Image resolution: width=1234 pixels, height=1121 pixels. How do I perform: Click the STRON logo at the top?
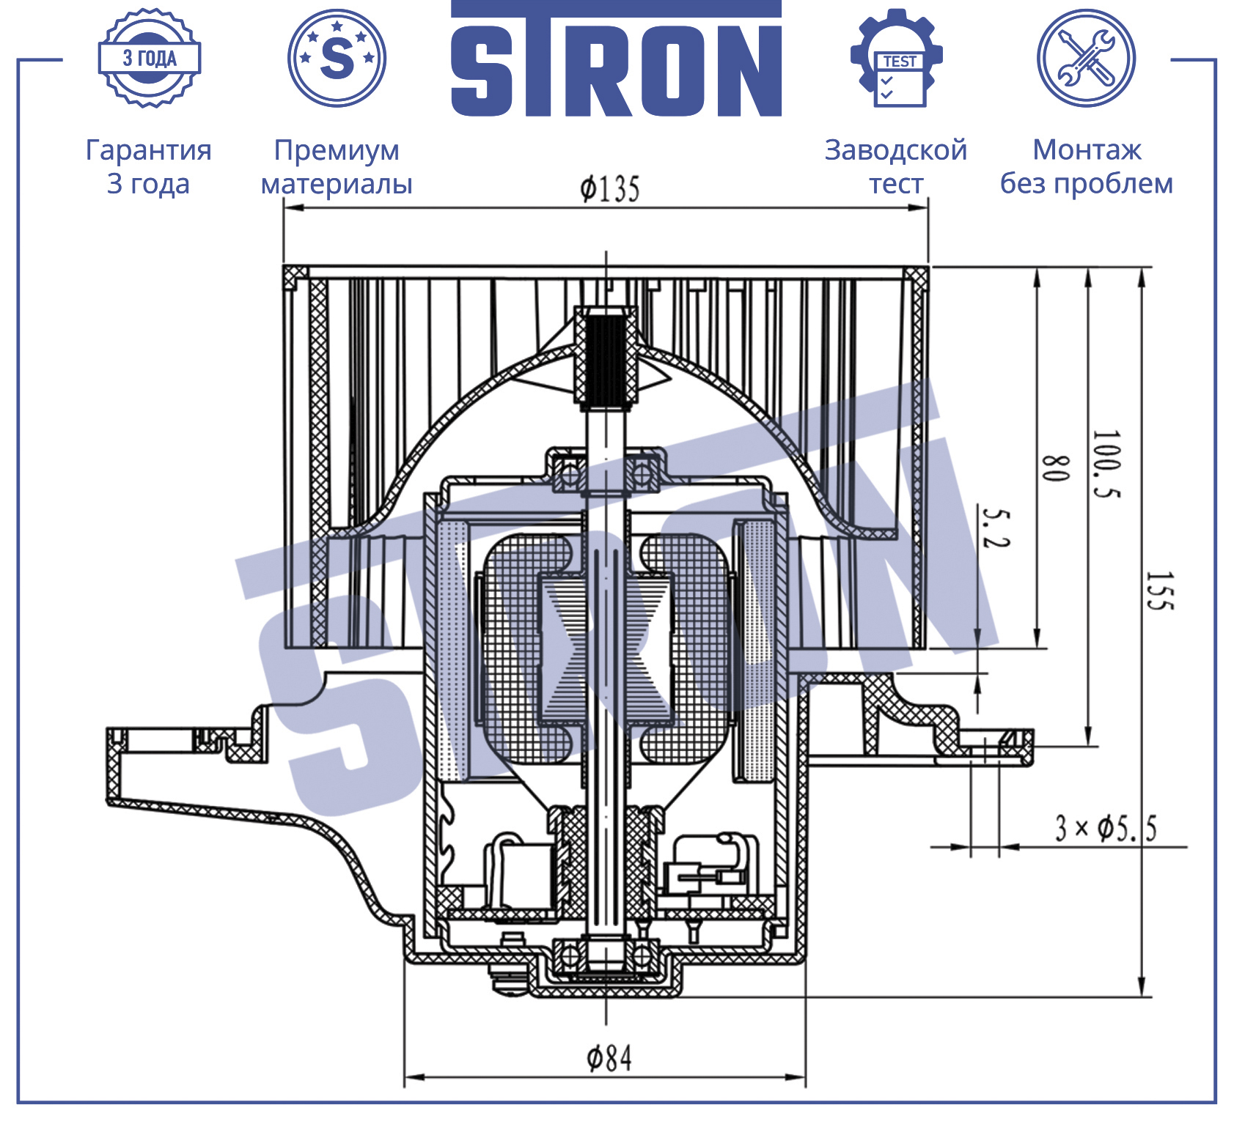tap(616, 59)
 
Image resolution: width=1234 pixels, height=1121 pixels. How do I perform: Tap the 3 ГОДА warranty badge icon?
tap(150, 58)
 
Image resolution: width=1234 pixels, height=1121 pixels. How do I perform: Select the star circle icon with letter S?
tap(337, 58)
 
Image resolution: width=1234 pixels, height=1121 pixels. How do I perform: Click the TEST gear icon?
tap(897, 58)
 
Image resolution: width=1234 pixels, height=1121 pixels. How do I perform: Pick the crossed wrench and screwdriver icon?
tap(1086, 58)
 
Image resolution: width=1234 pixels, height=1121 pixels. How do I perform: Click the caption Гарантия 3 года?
tap(149, 166)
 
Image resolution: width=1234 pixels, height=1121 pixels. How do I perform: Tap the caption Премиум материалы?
tap(337, 166)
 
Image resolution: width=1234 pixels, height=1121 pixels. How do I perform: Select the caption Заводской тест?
tap(896, 166)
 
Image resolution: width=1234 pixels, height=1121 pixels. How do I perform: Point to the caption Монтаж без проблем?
tap(1087, 166)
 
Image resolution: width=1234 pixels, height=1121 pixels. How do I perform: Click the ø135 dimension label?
tap(610, 189)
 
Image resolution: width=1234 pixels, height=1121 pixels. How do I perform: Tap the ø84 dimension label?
tap(609, 1058)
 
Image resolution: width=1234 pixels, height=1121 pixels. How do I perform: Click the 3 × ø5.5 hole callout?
tap(1106, 828)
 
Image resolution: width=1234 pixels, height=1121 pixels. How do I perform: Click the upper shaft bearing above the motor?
tap(606, 474)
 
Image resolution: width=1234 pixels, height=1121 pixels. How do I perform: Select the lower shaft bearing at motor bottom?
tap(605, 955)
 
